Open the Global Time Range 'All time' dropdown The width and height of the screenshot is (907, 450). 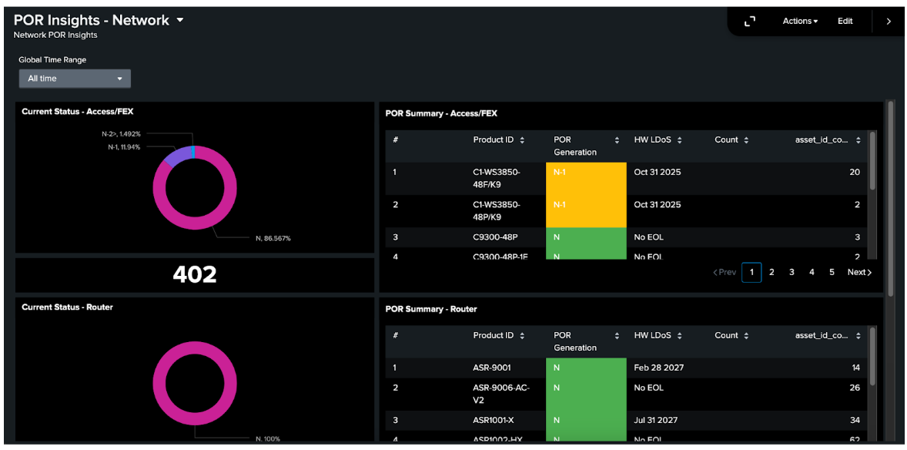75,79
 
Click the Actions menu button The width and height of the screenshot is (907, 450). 800,22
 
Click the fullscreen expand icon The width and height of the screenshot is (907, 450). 750,22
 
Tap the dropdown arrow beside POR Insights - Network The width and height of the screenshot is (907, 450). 180,20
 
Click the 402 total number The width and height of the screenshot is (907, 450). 195,274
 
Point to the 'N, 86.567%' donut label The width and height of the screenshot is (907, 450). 273,239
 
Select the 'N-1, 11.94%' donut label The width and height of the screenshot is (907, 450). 124,146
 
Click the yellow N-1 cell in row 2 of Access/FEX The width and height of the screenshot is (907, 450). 585,210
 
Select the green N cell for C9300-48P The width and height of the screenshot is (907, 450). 585,237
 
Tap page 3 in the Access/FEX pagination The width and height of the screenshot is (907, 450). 792,272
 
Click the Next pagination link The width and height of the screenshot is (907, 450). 859,272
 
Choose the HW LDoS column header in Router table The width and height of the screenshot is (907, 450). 653,336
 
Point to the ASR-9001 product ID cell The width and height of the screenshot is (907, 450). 492,368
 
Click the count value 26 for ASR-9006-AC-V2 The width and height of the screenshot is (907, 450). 855,388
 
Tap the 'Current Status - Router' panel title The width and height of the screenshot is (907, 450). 67,307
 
